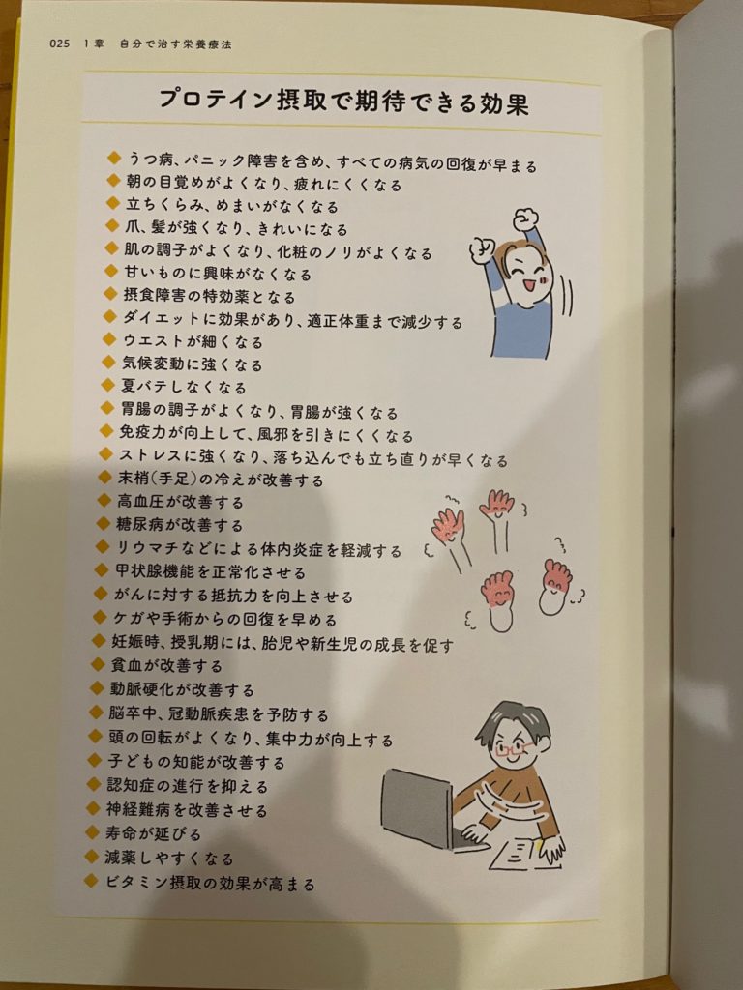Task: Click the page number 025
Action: pos(59,44)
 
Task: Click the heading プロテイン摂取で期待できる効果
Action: pos(343,101)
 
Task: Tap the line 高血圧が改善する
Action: pos(180,502)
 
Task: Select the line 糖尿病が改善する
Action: pos(179,525)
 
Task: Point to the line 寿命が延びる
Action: pos(154,833)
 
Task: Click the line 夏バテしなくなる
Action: pos(184,387)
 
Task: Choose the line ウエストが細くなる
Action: pos(193,341)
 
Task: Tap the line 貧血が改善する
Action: pos(166,665)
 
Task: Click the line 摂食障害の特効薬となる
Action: pos(209,296)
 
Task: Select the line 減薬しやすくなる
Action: pos(169,859)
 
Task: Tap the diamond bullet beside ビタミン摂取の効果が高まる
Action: pos(92,881)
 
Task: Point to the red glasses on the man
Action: pos(514,749)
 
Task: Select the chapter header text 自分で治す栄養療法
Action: pos(176,44)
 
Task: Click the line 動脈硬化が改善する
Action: pos(182,689)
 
